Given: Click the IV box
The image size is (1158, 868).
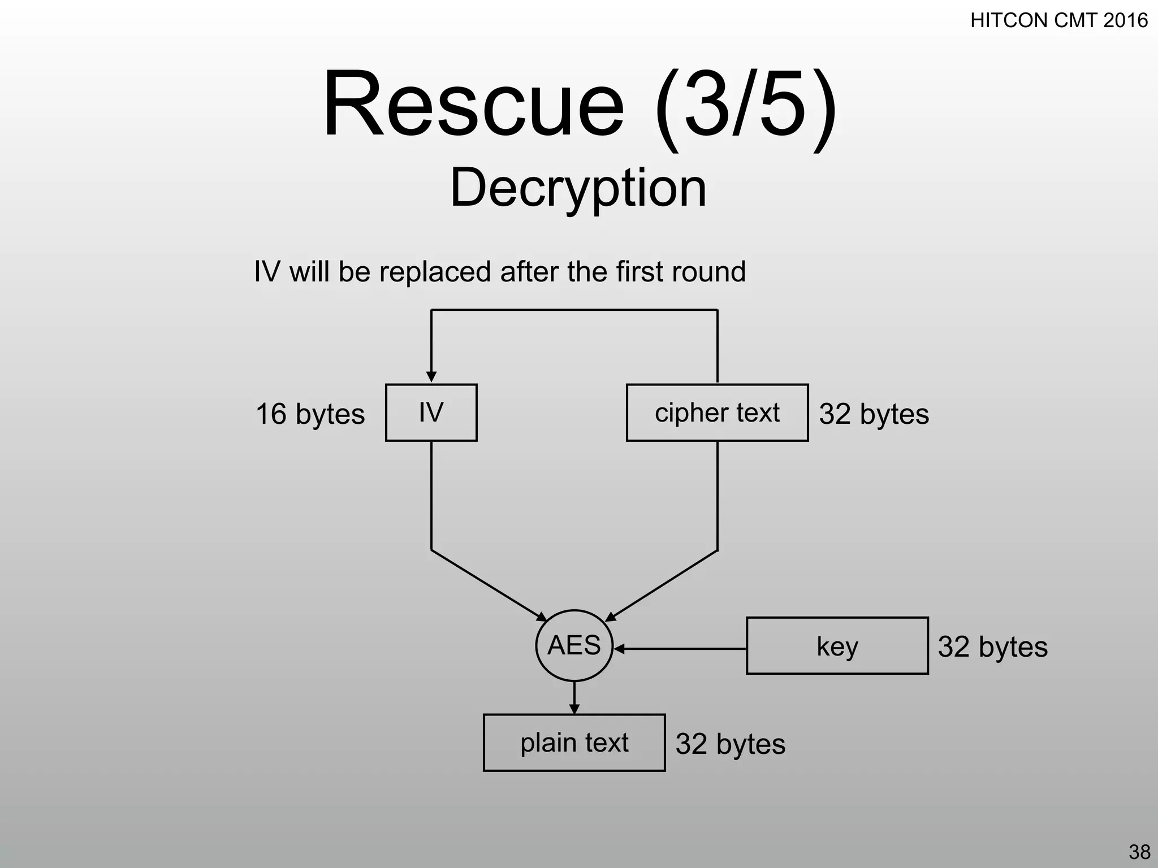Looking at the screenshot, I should point(431,413).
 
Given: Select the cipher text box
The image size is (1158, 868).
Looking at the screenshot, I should point(717,413).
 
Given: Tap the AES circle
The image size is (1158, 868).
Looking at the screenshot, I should point(574,645).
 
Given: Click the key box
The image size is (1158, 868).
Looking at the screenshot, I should point(837,646).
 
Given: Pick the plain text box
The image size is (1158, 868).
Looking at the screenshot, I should point(574,743).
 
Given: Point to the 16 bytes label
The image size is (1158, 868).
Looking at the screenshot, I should point(310,414).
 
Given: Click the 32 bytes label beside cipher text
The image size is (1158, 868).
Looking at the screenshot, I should point(874,414).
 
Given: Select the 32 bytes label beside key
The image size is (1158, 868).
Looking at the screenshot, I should point(992,647).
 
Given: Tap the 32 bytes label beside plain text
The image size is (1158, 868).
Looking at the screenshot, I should point(730,744).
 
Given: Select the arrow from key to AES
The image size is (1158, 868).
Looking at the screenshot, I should point(679,649).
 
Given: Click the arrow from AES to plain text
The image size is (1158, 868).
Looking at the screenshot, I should point(574,698).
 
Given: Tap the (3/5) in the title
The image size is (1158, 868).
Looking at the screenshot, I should point(745,105).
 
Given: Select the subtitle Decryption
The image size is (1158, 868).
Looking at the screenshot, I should point(578,188).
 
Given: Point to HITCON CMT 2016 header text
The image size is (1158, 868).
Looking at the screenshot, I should point(1058,21).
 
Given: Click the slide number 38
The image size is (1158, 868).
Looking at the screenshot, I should point(1139,852).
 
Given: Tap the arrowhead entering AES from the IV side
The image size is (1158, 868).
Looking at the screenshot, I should point(541,617).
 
